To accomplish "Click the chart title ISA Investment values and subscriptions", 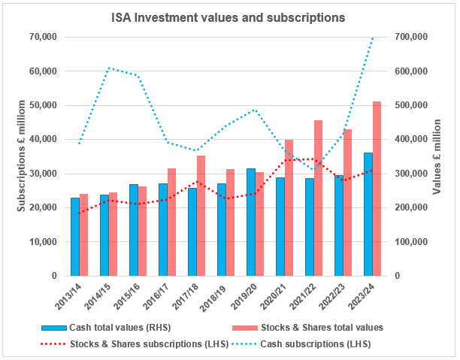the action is tap(228, 17).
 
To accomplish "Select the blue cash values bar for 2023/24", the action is tap(368, 214).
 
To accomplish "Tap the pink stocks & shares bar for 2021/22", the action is tap(318, 198).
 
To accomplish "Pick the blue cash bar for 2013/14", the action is tap(75, 237).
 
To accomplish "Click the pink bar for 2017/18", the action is tap(201, 216).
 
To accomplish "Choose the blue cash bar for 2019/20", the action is tap(251, 222).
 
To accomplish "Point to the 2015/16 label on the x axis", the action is tap(127, 296).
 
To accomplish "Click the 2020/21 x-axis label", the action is tap(274, 296).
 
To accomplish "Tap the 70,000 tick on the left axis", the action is tap(43, 37).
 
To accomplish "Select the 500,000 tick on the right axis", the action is tap(411, 105).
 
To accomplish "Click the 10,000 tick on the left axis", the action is tap(43, 242).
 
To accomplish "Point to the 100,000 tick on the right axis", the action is tap(411, 242).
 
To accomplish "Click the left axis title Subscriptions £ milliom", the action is tap(21, 156).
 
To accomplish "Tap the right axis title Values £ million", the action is tap(437, 156).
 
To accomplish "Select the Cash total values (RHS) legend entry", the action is tap(106, 328).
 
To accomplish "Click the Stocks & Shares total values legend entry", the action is tap(307, 328).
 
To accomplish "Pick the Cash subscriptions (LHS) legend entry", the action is tap(301, 343).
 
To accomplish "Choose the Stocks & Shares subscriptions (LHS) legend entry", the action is tap(135, 343).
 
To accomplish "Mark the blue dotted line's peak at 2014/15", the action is tap(108, 68).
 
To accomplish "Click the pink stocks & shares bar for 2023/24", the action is tap(377, 189).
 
